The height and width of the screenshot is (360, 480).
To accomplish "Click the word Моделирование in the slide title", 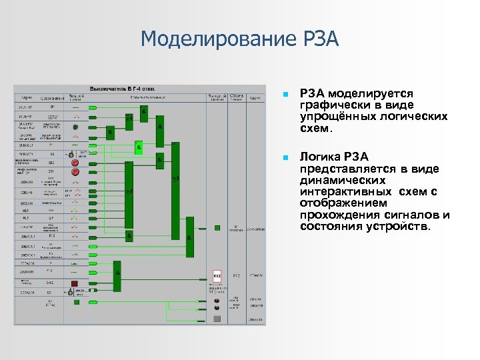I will coord(213,39).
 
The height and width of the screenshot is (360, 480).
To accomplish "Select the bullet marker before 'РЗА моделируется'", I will coord(285,95).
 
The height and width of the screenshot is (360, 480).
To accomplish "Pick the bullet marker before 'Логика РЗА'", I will coord(285,157).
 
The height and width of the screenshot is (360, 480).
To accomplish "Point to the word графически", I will coord(329,105).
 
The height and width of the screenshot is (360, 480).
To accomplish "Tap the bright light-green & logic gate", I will coord(139,147).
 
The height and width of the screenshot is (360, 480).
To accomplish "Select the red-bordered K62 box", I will coord(217,275).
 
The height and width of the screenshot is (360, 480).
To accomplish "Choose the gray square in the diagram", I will coord(217,319).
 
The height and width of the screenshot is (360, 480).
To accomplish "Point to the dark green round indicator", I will coord(76,127).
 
